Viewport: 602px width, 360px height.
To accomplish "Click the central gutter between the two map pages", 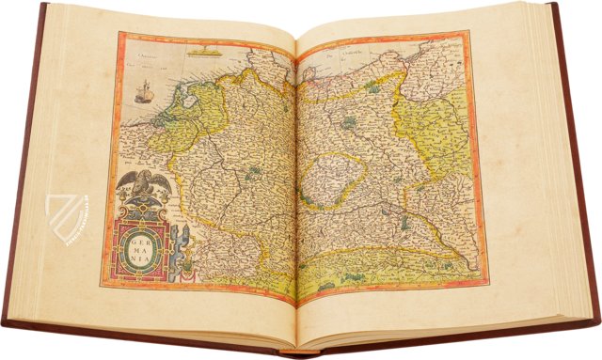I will [296, 179].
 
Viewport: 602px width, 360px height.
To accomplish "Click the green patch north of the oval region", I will [350, 122].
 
